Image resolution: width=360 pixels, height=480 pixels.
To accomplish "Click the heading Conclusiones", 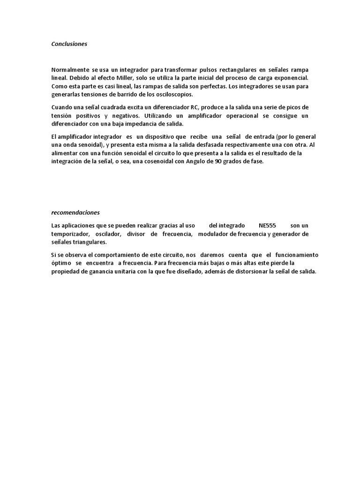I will pos(69,44).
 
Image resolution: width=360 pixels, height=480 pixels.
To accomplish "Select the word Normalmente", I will pos(69,69).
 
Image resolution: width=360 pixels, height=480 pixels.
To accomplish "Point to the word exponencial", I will pos(291,77).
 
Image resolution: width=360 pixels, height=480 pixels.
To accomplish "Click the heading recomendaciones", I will pos(72,212).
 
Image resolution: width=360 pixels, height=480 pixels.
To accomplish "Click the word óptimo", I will pos(60,263).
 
